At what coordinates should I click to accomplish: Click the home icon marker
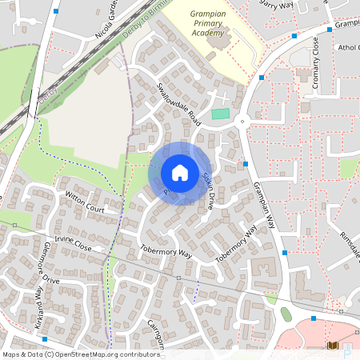click(179, 173)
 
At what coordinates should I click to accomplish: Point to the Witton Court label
click(85, 202)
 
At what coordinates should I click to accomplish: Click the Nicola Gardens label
click(107, 20)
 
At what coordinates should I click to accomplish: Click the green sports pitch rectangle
click(220, 114)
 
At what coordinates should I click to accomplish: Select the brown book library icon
click(333, 346)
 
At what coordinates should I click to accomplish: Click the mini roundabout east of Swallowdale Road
click(241, 122)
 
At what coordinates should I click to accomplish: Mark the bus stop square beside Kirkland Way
click(45, 318)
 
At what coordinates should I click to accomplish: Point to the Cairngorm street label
click(150, 331)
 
